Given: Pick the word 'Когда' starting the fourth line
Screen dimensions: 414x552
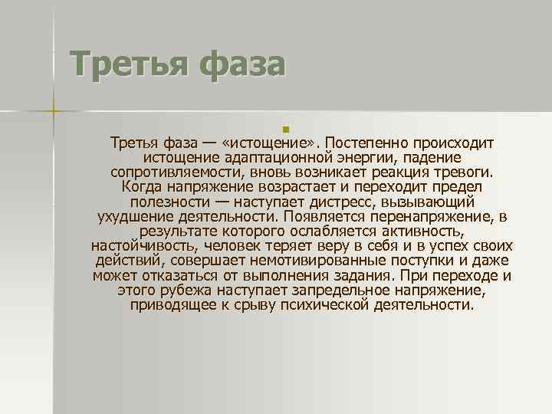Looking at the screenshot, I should click(x=140, y=186).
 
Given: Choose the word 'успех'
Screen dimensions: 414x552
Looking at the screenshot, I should click(x=452, y=246).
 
